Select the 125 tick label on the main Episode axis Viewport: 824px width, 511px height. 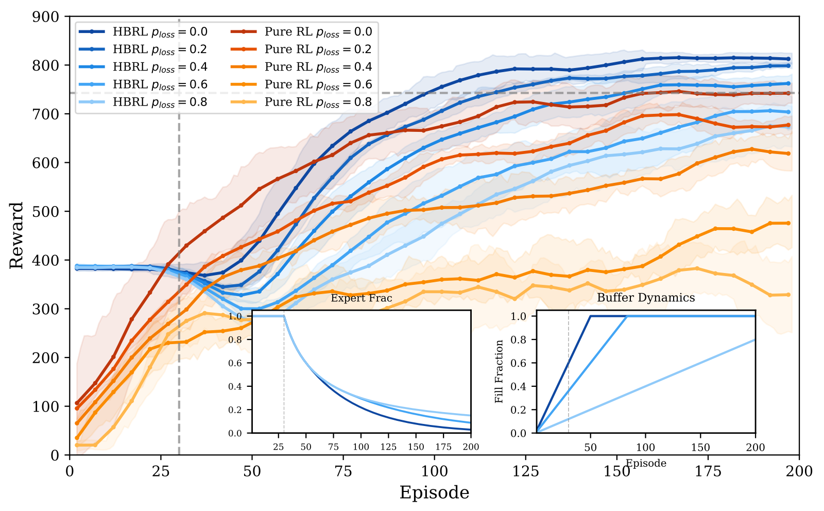[x=526, y=470]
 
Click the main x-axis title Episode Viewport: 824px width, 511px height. [x=434, y=493]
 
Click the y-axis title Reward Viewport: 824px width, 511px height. [x=16, y=235]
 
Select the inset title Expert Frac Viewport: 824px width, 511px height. [x=361, y=298]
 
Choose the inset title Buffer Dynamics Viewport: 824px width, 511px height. [x=646, y=298]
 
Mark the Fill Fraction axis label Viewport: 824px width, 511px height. [x=499, y=371]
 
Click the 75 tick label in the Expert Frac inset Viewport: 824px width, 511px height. [x=333, y=447]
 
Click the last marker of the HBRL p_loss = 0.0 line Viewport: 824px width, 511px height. [x=788, y=59]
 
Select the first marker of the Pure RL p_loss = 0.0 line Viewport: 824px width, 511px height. [x=77, y=403]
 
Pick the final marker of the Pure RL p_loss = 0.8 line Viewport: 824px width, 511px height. [x=788, y=295]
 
